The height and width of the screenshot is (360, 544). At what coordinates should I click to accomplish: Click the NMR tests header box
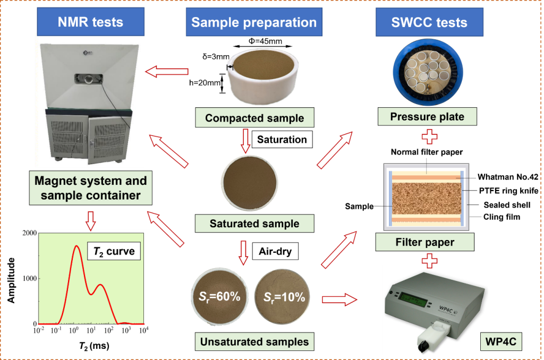(90, 22)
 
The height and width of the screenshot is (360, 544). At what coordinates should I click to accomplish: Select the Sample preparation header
(254, 22)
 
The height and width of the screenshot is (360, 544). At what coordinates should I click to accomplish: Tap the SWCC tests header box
(429, 22)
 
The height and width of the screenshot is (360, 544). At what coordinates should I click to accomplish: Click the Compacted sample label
(254, 118)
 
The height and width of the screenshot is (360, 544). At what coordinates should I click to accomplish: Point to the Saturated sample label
(254, 224)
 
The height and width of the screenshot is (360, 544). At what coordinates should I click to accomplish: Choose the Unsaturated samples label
(254, 341)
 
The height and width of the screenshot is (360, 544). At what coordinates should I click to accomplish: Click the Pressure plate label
(427, 116)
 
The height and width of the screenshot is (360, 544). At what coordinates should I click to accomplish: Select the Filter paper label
(425, 243)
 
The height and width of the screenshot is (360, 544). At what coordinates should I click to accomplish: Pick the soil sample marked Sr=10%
(284, 297)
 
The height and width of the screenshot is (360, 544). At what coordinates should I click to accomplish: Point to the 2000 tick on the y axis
(29, 234)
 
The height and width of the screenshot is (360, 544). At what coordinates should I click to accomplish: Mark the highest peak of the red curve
(76, 246)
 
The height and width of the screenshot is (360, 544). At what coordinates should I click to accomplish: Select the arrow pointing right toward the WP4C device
(340, 299)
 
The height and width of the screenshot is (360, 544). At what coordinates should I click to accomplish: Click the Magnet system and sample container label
(91, 187)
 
